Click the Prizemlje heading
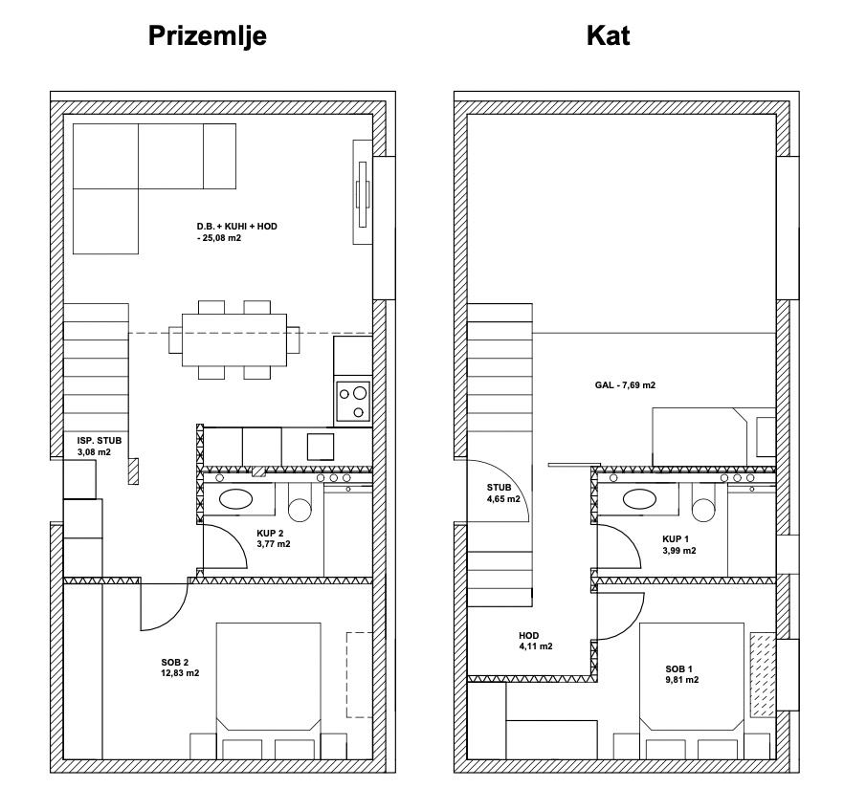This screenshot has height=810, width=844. click(x=208, y=36)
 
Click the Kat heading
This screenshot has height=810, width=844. click(x=609, y=35)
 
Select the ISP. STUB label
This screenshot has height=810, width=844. click(x=100, y=441)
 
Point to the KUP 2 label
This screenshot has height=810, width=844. click(x=270, y=533)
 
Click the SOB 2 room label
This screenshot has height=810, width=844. click(x=175, y=663)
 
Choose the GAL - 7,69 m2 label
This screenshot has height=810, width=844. click(x=626, y=385)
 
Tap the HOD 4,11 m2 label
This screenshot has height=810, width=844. click(x=536, y=641)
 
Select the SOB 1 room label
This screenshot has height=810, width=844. click(x=679, y=669)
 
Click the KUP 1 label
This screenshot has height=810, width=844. click(x=676, y=539)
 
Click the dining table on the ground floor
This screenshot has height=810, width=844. click(x=234, y=339)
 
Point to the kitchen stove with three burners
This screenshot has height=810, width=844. click(x=353, y=401)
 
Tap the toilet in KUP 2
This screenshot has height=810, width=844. click(x=300, y=502)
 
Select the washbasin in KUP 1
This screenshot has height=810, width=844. click(x=639, y=498)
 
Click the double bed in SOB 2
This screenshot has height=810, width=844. click(x=269, y=691)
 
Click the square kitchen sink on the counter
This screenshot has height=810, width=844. click(x=321, y=447)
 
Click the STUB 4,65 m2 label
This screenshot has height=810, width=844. click(x=503, y=493)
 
